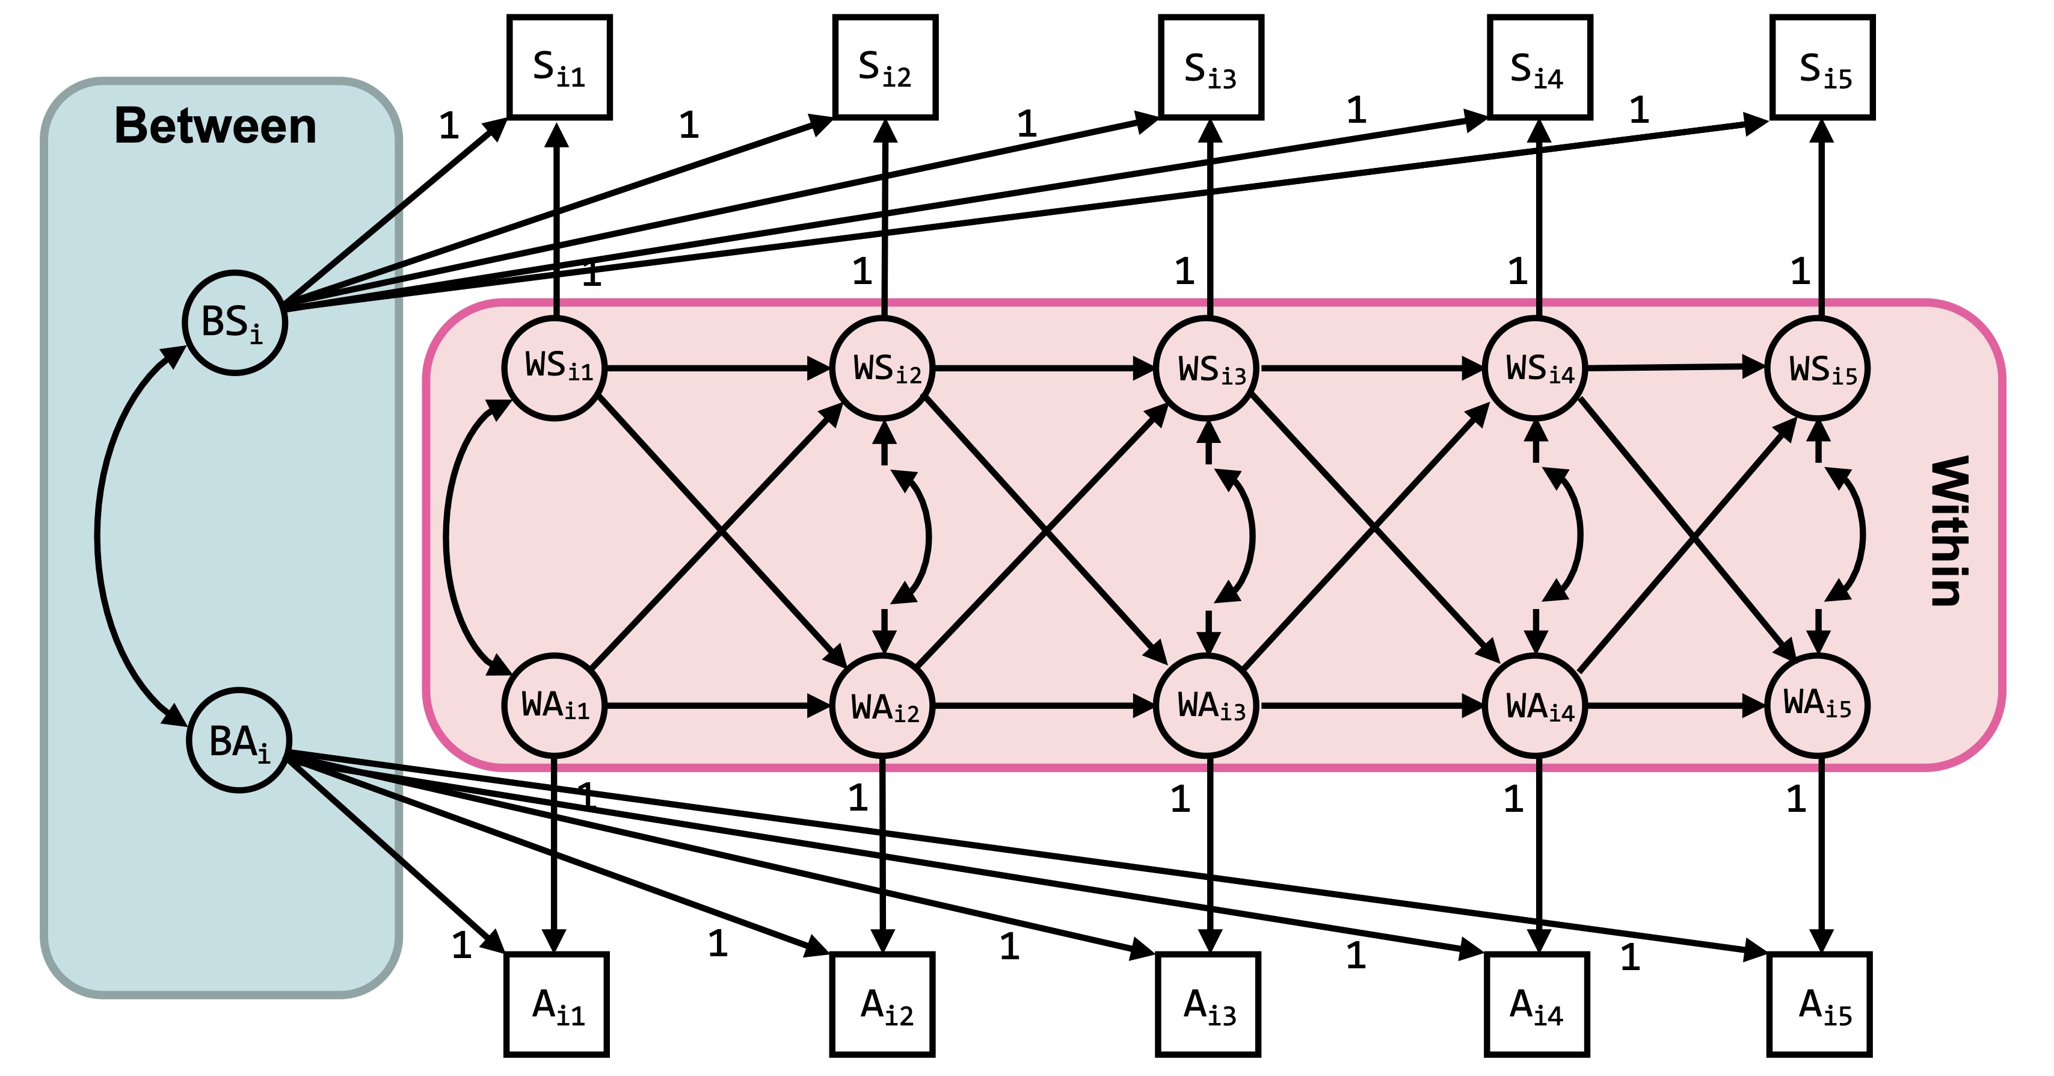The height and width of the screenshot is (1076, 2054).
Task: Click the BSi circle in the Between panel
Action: (235, 322)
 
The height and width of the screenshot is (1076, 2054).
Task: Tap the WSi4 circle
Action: (1535, 368)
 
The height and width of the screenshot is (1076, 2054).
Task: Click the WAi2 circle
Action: (882, 706)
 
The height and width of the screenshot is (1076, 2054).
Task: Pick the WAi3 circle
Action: (1207, 706)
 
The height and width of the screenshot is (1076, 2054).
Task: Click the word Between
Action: (215, 126)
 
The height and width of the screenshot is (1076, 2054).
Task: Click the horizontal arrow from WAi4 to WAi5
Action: (1674, 706)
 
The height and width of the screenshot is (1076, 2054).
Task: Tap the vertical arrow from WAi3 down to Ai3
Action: (1210, 861)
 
